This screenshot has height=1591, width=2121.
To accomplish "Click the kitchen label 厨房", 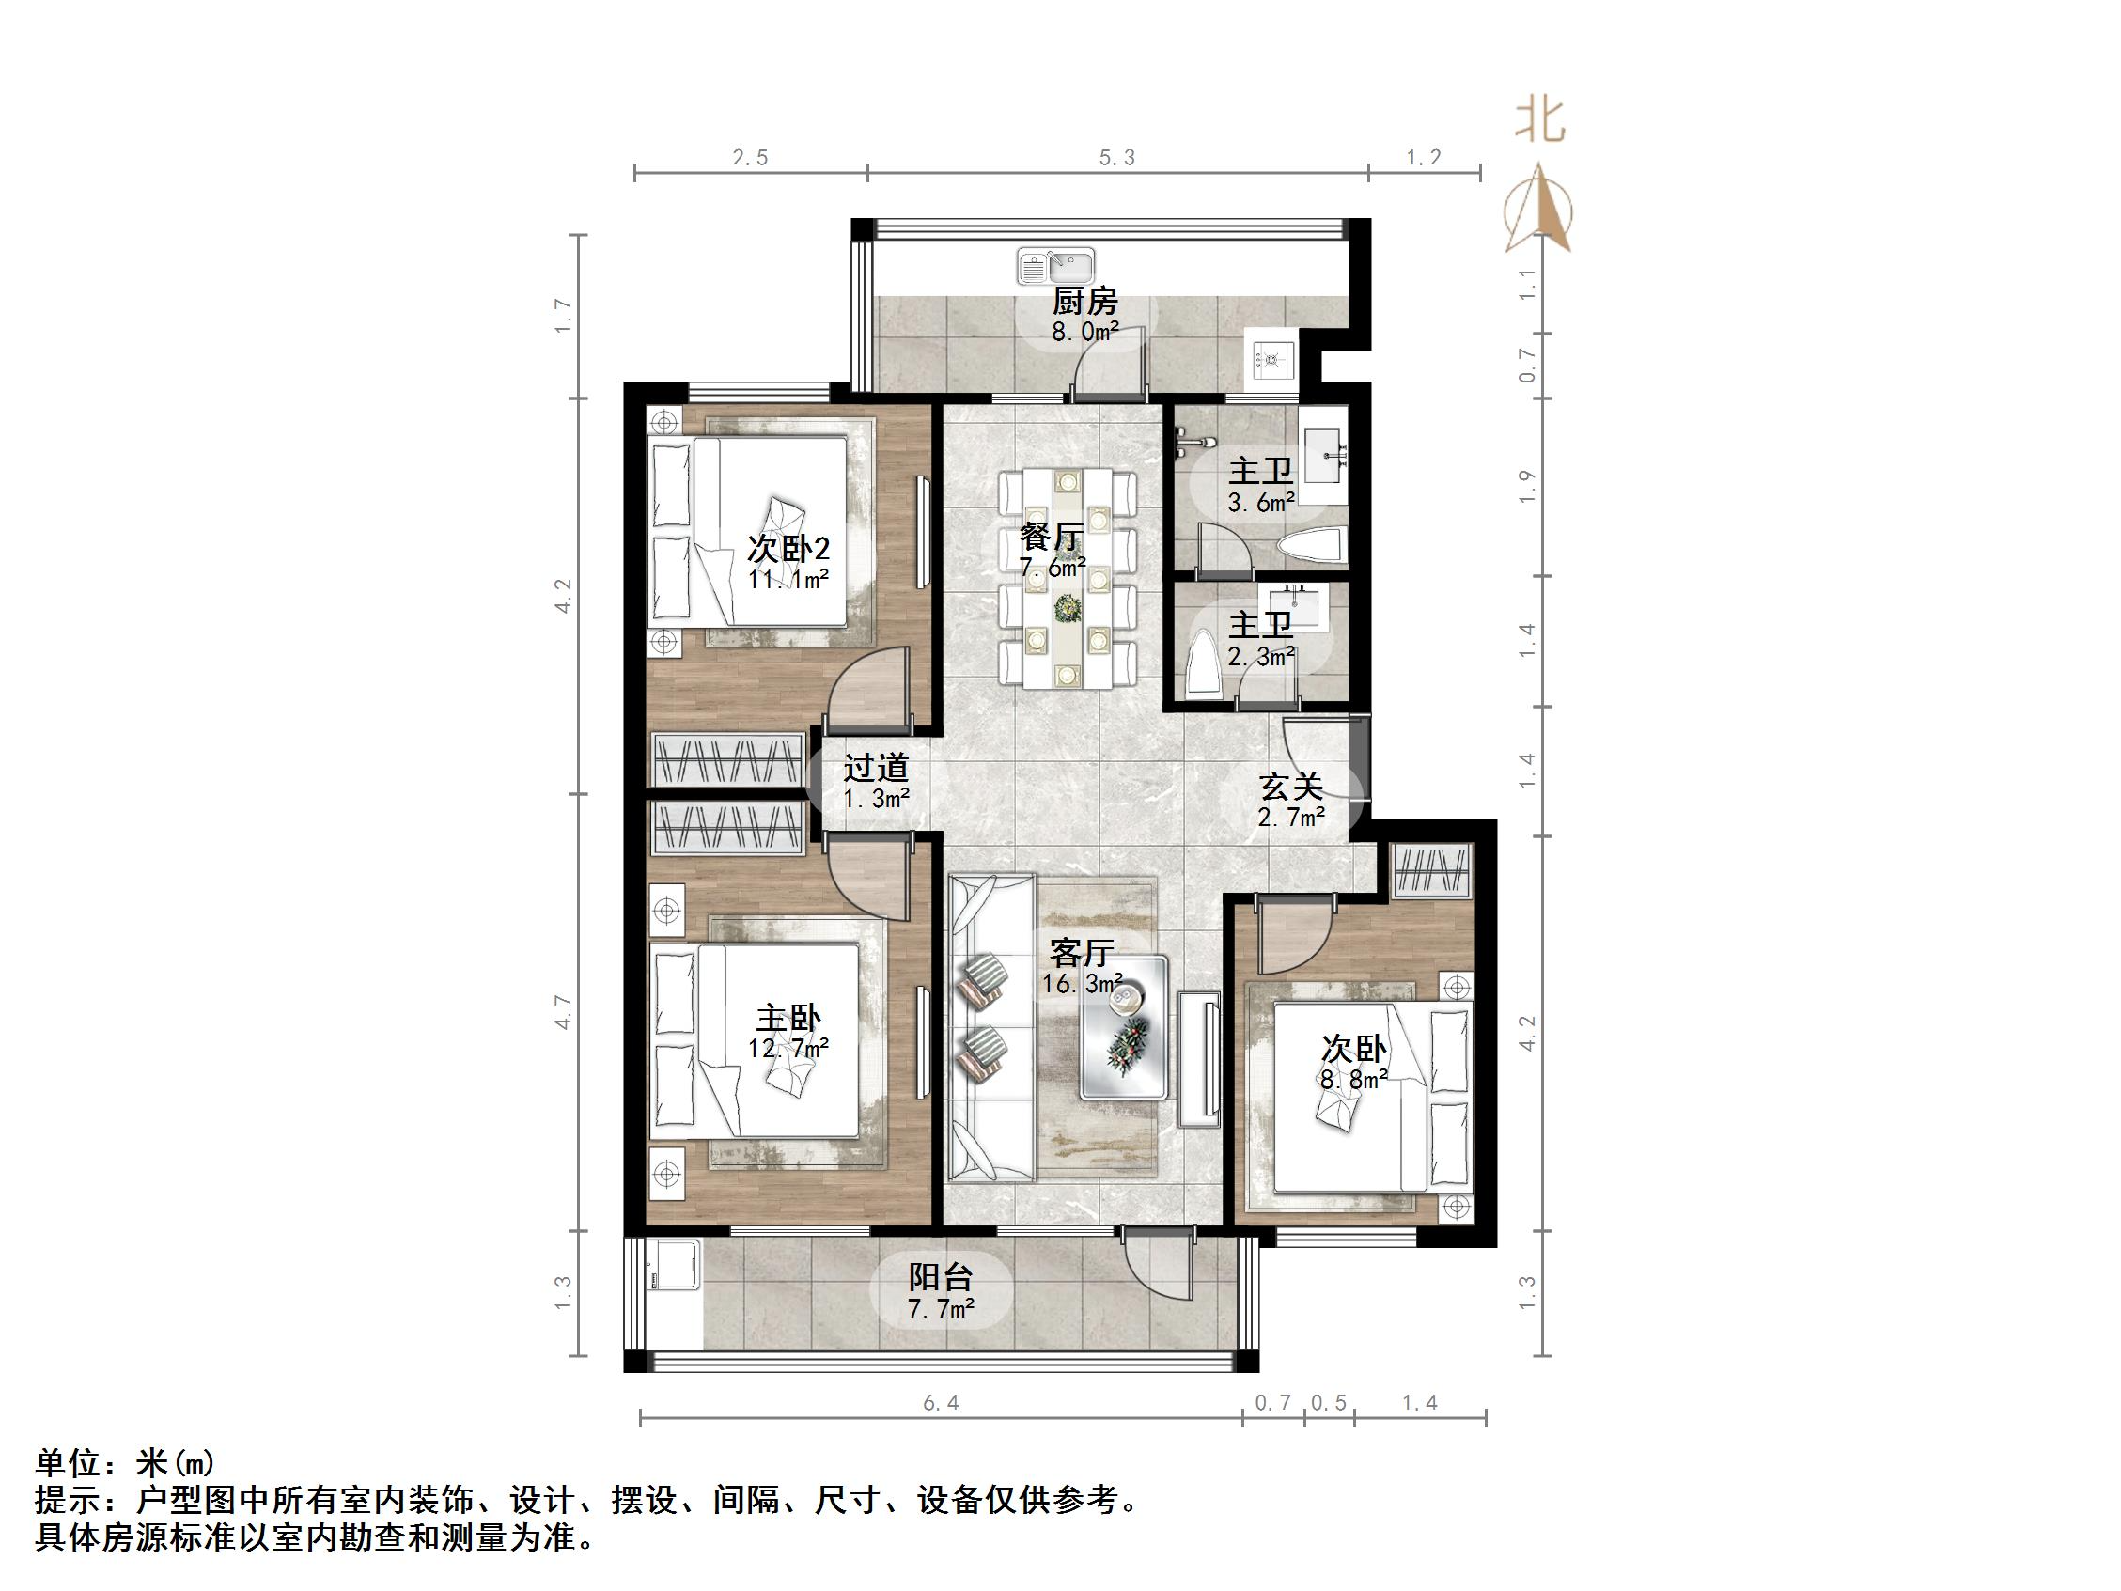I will [x=1084, y=301].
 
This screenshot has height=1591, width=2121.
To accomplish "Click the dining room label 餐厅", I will [x=1052, y=536].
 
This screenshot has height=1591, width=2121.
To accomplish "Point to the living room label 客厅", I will [x=1081, y=952].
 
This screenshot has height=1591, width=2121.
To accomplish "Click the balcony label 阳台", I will [x=941, y=1277].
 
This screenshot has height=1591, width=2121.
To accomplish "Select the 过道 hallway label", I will [x=876, y=767].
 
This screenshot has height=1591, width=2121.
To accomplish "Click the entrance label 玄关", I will [x=1290, y=787].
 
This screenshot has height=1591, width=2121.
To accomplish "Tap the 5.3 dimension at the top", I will [x=1117, y=157].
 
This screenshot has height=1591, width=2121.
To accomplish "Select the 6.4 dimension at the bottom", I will [x=941, y=1403].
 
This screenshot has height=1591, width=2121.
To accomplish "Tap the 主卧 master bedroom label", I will [x=788, y=1018].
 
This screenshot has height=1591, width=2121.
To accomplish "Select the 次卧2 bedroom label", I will [x=788, y=549].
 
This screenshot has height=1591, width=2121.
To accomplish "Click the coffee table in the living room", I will [x=1123, y=1027].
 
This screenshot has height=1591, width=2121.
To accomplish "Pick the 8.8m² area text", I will [x=1354, y=1079].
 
